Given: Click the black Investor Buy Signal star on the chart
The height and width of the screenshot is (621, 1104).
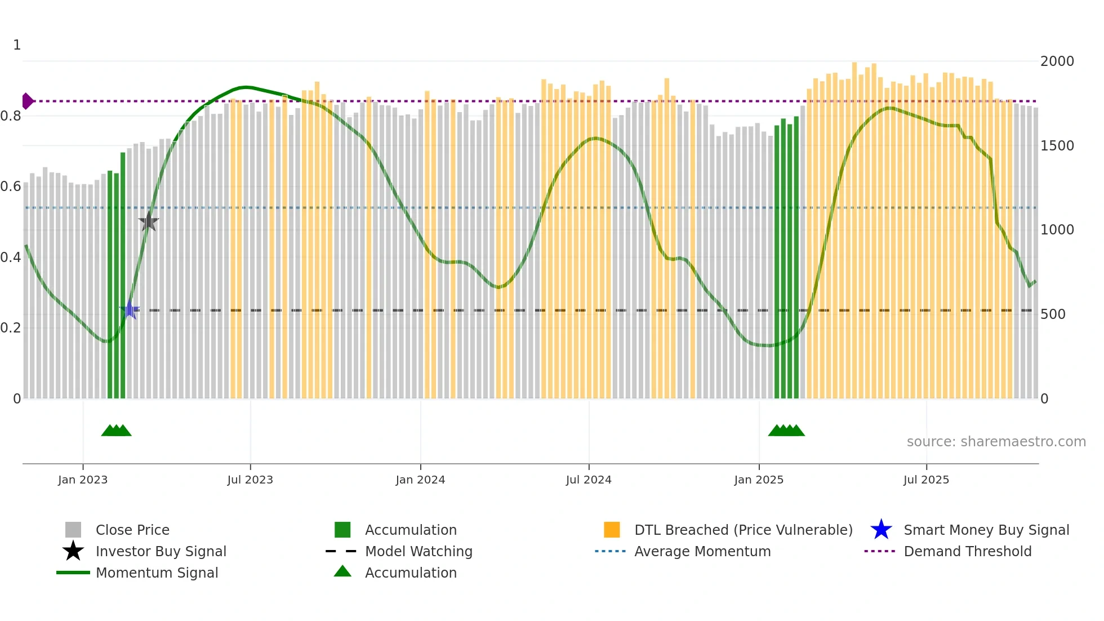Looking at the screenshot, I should click(149, 221).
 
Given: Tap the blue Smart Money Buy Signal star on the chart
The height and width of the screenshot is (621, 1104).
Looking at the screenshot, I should click(130, 310).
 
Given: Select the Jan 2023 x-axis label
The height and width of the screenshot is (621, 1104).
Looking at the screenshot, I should click(83, 480).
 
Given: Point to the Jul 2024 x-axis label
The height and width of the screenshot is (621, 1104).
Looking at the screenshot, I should click(589, 480).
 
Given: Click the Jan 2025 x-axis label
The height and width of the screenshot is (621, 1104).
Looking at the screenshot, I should click(759, 480).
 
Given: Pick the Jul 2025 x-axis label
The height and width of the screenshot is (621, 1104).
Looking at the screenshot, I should click(926, 480).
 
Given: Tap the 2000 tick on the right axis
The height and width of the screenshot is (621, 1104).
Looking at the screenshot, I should click(1057, 61).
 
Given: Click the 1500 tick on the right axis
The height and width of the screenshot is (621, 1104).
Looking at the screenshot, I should click(1057, 146).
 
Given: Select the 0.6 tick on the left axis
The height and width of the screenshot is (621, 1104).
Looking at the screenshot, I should click(11, 187).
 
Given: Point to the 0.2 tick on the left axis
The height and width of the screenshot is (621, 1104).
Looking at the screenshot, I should click(11, 328).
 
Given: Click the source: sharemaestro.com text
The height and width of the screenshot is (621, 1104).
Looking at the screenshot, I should click(996, 442).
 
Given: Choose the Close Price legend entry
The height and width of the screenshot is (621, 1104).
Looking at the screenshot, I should click(132, 530).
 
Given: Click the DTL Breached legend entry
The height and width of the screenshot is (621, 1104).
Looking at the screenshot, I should click(743, 530).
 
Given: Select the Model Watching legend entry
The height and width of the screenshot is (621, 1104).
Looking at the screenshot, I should click(419, 551).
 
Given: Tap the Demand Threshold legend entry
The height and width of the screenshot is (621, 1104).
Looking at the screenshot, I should click(967, 551).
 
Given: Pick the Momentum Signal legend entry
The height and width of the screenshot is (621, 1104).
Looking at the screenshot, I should click(157, 573).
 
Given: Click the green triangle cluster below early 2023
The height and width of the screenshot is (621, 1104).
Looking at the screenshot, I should click(116, 431).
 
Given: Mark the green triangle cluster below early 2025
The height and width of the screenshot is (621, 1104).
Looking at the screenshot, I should click(786, 431).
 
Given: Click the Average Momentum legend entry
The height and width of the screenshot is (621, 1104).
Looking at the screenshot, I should click(702, 551).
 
